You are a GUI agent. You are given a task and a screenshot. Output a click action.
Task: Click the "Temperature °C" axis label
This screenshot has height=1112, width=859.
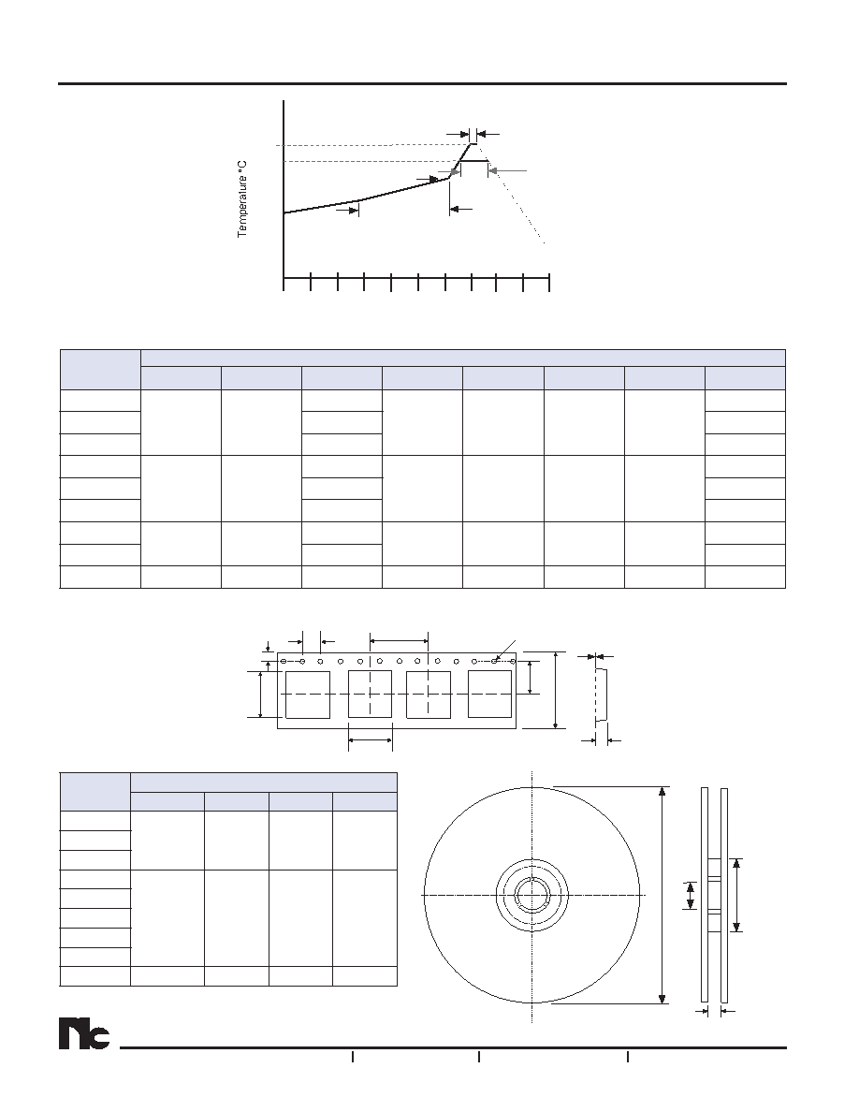click(242, 199)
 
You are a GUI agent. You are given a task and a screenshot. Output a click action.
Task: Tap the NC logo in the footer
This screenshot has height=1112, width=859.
click(84, 1034)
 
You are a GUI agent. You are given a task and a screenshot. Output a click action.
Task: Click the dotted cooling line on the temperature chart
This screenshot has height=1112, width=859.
click(510, 194)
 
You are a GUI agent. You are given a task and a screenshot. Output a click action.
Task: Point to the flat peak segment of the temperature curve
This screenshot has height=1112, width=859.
click(474, 161)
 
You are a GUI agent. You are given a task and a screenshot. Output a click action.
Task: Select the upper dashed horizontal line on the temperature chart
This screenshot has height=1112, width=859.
click(376, 145)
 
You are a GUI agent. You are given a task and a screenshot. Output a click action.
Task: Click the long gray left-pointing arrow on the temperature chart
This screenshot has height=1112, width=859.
click(508, 170)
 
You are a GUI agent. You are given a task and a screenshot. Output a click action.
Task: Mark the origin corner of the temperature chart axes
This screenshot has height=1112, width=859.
click(284, 276)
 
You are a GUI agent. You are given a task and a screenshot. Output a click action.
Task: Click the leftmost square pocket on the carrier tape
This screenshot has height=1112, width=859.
click(308, 695)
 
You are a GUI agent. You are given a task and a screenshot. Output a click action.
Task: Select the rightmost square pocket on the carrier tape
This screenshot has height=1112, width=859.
click(489, 695)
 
